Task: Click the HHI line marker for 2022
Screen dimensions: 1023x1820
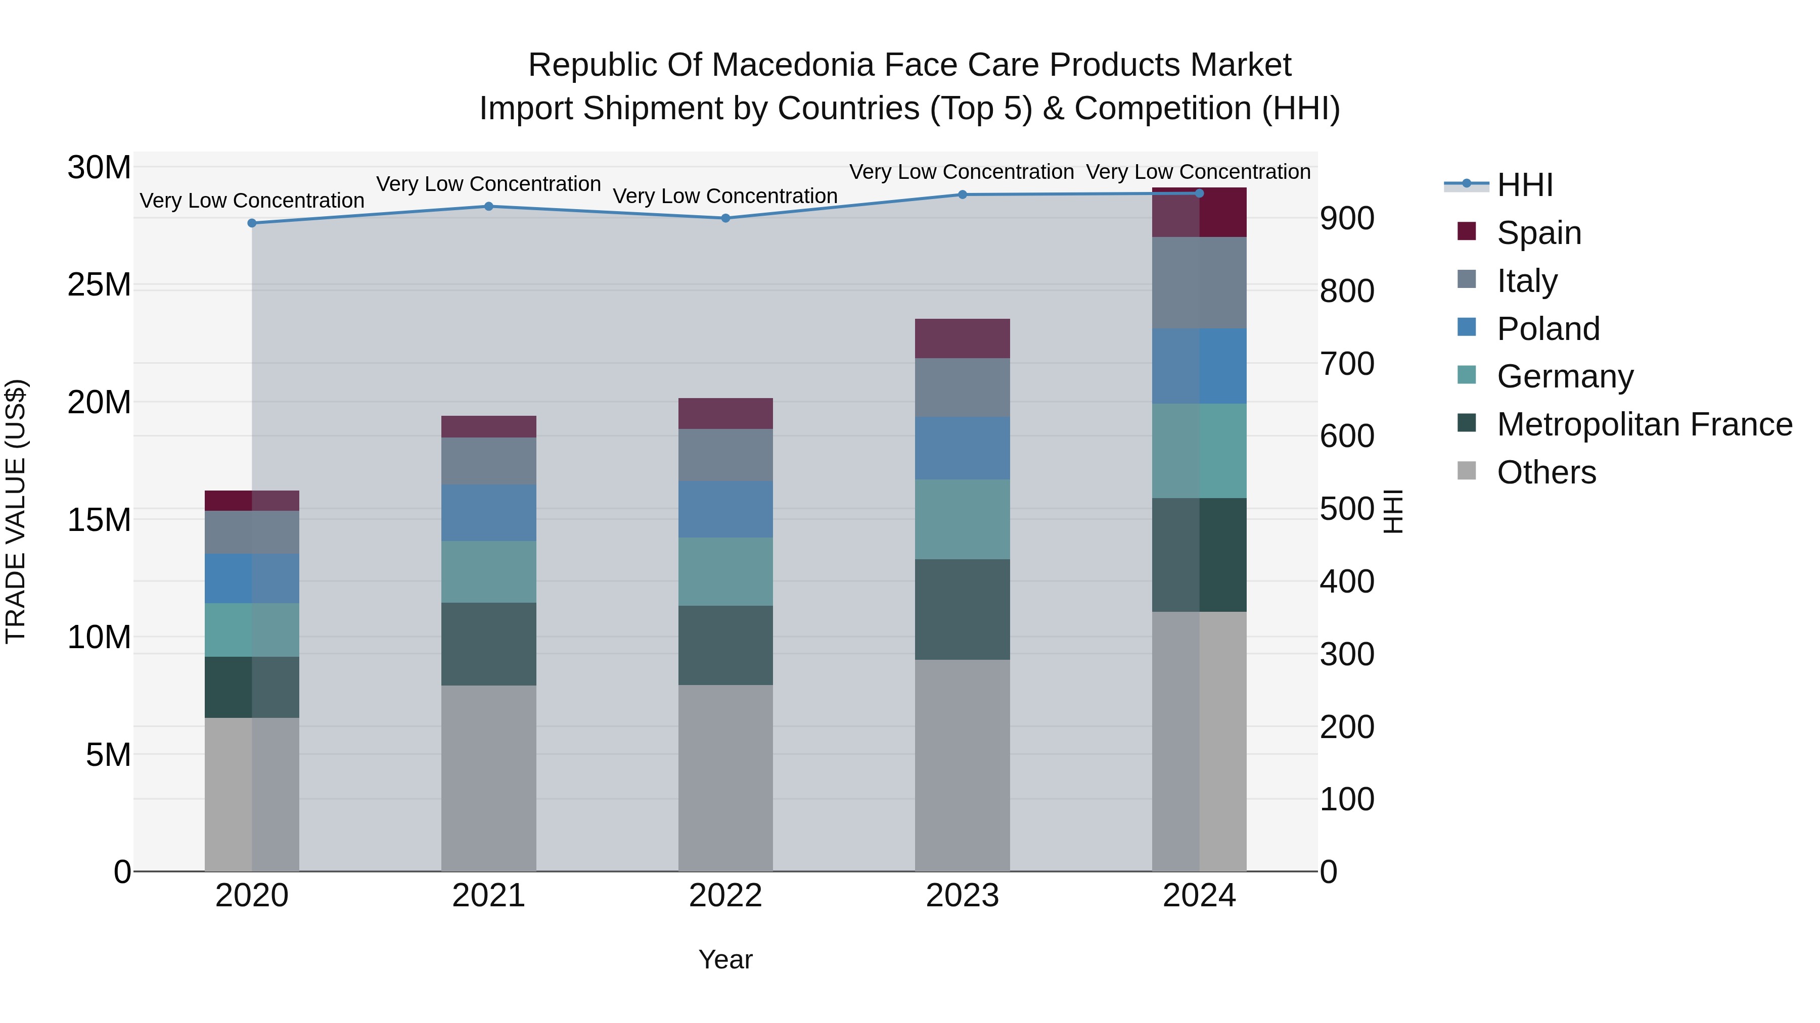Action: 725,218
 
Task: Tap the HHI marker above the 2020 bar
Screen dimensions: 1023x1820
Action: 252,223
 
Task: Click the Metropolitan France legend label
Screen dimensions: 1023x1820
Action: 1644,424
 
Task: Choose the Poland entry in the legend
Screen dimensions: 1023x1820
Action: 1548,329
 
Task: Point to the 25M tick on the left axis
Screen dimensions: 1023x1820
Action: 99,285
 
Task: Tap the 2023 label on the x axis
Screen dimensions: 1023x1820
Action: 962,896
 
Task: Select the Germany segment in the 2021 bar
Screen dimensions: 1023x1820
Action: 488,571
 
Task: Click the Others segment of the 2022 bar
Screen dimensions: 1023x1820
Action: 725,776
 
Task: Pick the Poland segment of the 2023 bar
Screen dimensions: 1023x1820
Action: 962,448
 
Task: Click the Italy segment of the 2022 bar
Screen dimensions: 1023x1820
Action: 725,455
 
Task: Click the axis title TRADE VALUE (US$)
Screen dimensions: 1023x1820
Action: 16,511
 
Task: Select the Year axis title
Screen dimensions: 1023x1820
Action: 725,959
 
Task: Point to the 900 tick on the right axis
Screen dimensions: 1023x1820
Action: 1347,219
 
